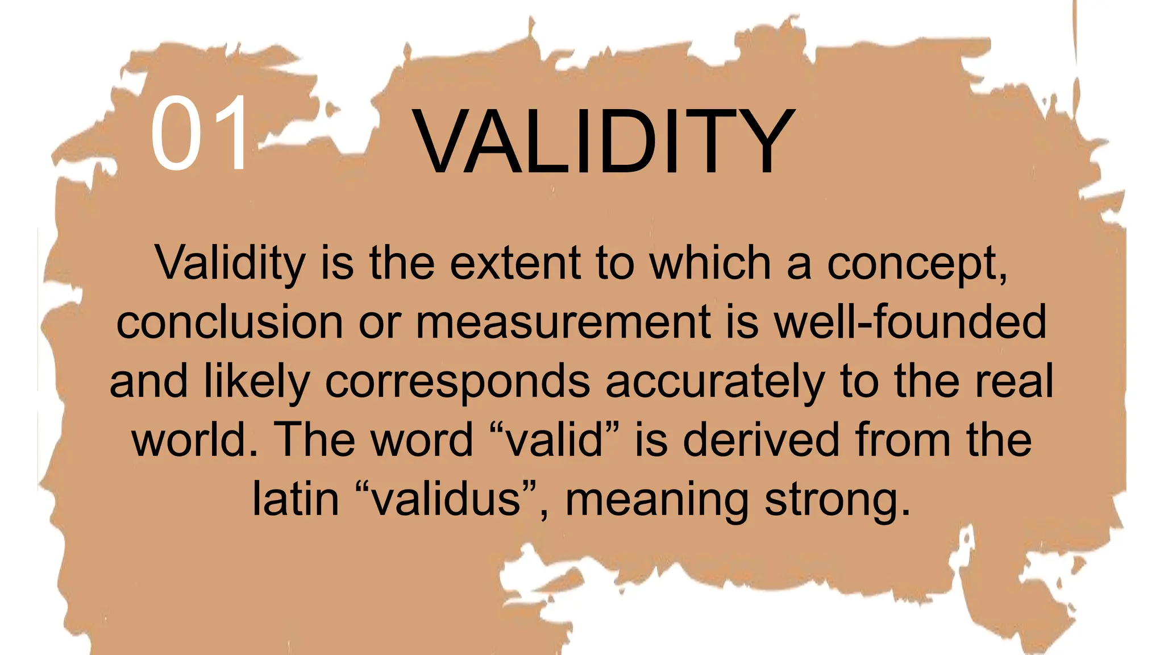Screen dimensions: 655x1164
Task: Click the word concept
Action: [916, 264]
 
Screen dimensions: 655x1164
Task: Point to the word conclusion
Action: [229, 322]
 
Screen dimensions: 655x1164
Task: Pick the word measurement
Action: [563, 322]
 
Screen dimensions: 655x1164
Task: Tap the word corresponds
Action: [458, 382]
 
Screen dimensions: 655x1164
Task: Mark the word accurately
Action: [714, 382]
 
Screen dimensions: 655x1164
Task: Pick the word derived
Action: [760, 440]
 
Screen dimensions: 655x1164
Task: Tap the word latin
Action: [295, 499]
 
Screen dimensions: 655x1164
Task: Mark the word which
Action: [710, 263]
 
